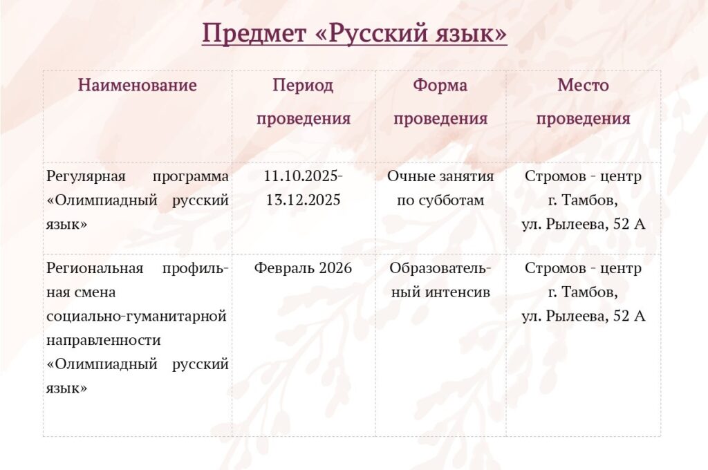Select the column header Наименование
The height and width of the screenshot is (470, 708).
tap(138, 85)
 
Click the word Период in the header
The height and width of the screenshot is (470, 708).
tap(303, 86)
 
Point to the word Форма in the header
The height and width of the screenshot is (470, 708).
tap(440, 86)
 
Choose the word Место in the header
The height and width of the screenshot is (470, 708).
tap(583, 85)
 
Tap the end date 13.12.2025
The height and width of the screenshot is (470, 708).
tap(303, 200)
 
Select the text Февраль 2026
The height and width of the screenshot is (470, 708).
tap(303, 267)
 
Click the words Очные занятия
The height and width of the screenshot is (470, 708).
tap(440, 176)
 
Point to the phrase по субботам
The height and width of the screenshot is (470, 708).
tap(440, 200)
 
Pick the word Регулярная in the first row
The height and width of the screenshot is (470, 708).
tap(86, 176)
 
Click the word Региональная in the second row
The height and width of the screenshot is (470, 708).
tap(95, 268)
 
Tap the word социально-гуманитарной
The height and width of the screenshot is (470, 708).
tap(136, 316)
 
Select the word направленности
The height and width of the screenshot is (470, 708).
tap(104, 341)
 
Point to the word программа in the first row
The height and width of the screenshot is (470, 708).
tap(191, 176)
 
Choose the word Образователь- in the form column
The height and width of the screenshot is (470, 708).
tap(440, 268)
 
